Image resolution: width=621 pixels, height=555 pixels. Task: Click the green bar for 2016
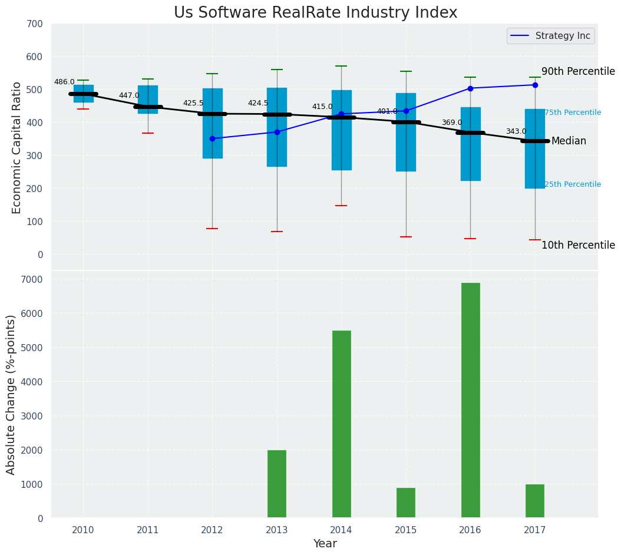click(470, 401)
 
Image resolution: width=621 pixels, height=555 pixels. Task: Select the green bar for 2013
click(277, 484)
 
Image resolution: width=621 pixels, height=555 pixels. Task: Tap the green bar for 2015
click(406, 503)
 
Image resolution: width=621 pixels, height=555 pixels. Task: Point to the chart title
click(315, 13)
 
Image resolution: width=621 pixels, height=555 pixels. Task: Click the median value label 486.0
click(64, 82)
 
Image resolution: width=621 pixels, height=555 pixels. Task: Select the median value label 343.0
click(516, 132)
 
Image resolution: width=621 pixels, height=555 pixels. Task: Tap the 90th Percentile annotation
click(578, 72)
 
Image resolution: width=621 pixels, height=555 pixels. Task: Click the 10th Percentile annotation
click(578, 246)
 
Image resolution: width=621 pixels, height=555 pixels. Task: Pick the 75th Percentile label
click(573, 113)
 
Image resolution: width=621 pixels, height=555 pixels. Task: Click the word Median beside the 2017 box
click(569, 141)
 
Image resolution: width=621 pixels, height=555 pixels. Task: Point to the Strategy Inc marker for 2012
click(212, 138)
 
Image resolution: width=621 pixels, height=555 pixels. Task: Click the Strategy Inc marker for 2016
click(470, 88)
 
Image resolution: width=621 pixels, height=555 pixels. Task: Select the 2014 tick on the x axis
click(341, 530)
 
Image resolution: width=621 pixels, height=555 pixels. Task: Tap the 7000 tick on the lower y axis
click(32, 279)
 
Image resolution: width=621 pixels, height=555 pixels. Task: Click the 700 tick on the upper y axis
click(35, 24)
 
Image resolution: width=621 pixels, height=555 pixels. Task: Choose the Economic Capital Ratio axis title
click(16, 147)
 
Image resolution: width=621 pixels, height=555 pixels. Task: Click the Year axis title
click(325, 544)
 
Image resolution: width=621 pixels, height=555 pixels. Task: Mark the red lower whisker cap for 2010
click(83, 109)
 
